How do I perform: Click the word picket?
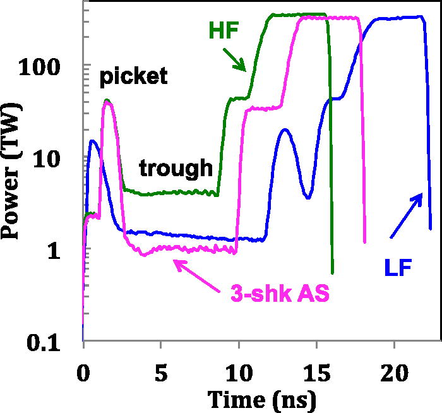[x=133, y=77]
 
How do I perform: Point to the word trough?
[x=176, y=168]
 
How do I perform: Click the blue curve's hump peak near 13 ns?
[x=285, y=129]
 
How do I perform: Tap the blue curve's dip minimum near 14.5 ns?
[x=308, y=198]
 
